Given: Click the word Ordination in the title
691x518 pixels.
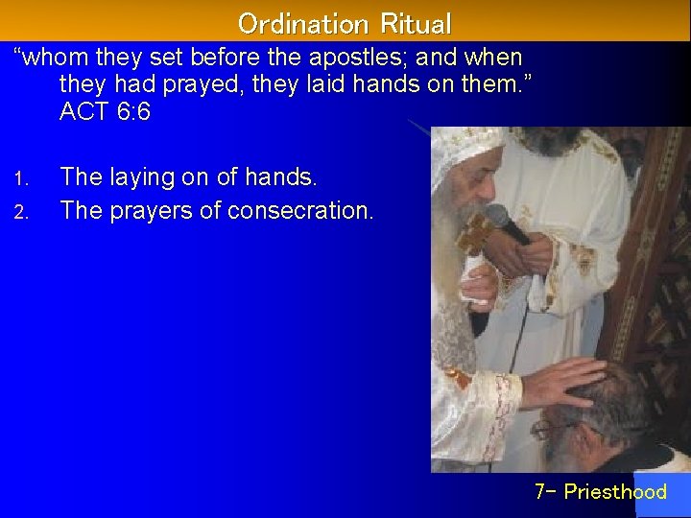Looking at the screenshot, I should (296, 23).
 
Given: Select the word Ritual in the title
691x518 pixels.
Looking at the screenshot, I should (415, 23).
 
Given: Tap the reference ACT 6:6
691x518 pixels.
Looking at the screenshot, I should (105, 112).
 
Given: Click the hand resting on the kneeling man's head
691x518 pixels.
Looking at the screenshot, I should (561, 382).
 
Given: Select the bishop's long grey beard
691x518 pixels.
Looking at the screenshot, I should (449, 278).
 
